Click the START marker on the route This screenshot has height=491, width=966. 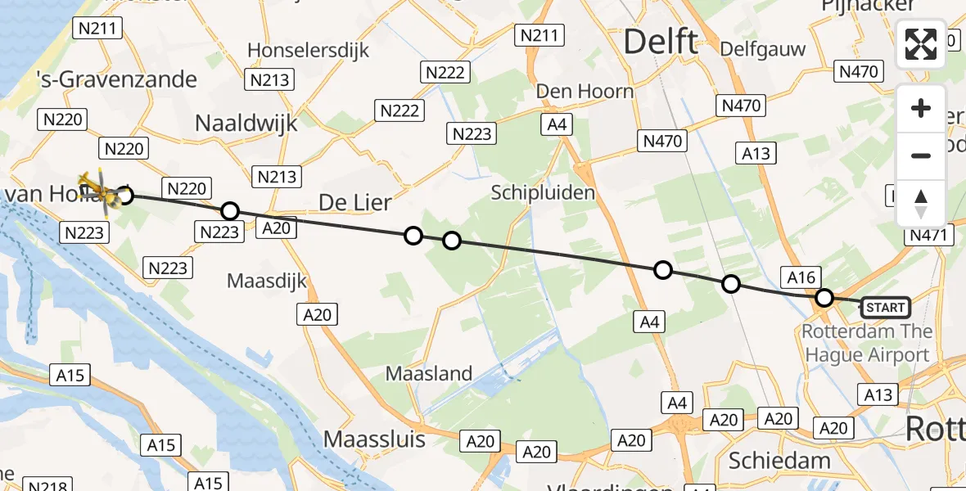pos(885,308)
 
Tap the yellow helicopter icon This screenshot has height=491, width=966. pos(97,188)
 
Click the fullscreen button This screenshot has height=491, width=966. pos(921,44)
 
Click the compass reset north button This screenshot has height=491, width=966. pos(921,203)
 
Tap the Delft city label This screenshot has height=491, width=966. pos(661,41)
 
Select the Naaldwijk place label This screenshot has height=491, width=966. pos(246,123)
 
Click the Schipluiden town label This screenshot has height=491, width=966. pos(543,192)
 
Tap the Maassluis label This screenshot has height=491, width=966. pos(375,439)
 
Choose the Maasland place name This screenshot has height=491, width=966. pos(430,374)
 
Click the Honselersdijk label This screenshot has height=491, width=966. pos(309,50)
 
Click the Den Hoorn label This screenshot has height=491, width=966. pos(585,91)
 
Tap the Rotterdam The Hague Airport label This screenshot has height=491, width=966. pos(868,343)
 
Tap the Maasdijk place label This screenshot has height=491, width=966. pos(267,281)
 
